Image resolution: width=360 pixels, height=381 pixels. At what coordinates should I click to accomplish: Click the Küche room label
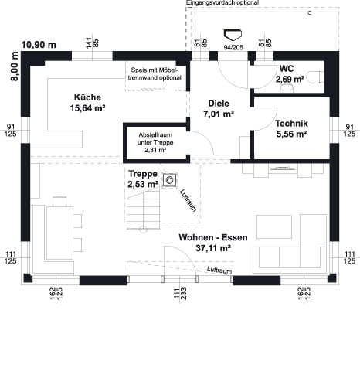click(87, 97)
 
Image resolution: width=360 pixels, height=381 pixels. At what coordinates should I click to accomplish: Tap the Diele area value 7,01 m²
click(219, 114)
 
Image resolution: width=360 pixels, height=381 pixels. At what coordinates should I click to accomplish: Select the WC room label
click(287, 69)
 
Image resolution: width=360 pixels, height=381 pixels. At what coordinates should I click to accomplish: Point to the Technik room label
click(291, 124)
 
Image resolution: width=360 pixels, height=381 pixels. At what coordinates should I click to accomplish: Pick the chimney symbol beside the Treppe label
click(169, 180)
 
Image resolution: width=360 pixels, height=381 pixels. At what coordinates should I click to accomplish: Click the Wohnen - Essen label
click(213, 237)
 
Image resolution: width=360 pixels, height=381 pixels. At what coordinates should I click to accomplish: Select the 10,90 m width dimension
click(39, 45)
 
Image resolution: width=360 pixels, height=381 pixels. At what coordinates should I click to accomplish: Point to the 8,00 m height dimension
click(15, 66)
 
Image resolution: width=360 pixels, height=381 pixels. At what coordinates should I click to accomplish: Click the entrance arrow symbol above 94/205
click(233, 35)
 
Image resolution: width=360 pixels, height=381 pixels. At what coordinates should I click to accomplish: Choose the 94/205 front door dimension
click(233, 47)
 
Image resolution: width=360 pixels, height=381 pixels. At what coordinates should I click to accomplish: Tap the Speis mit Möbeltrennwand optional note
click(155, 73)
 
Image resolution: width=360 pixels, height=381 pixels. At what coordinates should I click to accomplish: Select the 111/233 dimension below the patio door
click(180, 294)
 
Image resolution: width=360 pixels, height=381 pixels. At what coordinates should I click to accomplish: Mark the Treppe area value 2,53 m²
click(143, 185)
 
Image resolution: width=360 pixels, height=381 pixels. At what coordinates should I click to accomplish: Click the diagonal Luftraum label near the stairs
click(188, 200)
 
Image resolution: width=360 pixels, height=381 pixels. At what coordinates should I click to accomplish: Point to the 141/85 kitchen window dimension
click(92, 43)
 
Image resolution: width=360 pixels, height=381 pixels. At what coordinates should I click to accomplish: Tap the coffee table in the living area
click(274, 226)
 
